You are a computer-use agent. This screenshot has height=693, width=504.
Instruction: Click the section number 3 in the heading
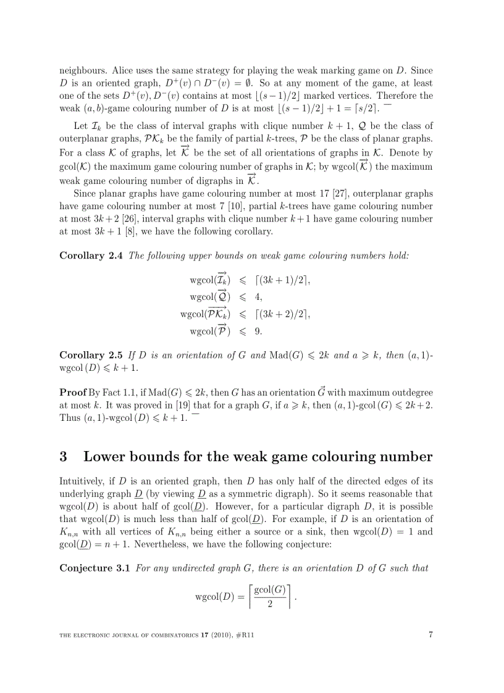pyautogui.click(x=63, y=457)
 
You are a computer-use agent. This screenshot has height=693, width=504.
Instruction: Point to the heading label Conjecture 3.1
pyautogui.click(x=94, y=568)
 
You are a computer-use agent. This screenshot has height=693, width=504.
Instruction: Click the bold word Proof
pyautogui.click(x=73, y=392)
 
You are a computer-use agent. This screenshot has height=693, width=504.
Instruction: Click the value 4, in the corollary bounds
pyautogui.click(x=259, y=296)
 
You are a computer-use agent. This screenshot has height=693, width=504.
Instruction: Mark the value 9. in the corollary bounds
pyautogui.click(x=259, y=331)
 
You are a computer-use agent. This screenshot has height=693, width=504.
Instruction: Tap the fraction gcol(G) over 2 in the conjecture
pyautogui.click(x=270, y=596)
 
